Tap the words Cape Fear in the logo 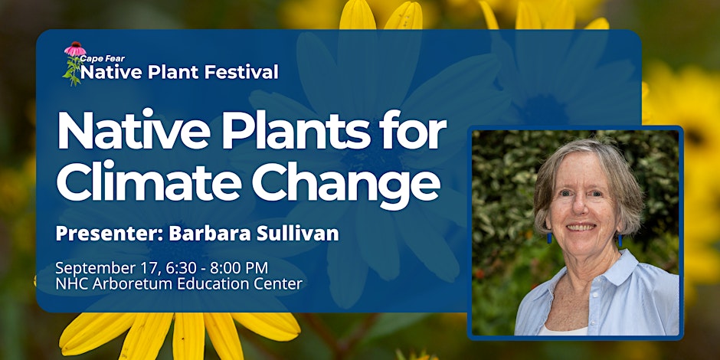tap(103, 59)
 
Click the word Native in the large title tap(133, 129)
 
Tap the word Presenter tap(110, 234)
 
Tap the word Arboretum tap(134, 284)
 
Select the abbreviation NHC tap(72, 284)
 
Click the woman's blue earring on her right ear tap(548, 238)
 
